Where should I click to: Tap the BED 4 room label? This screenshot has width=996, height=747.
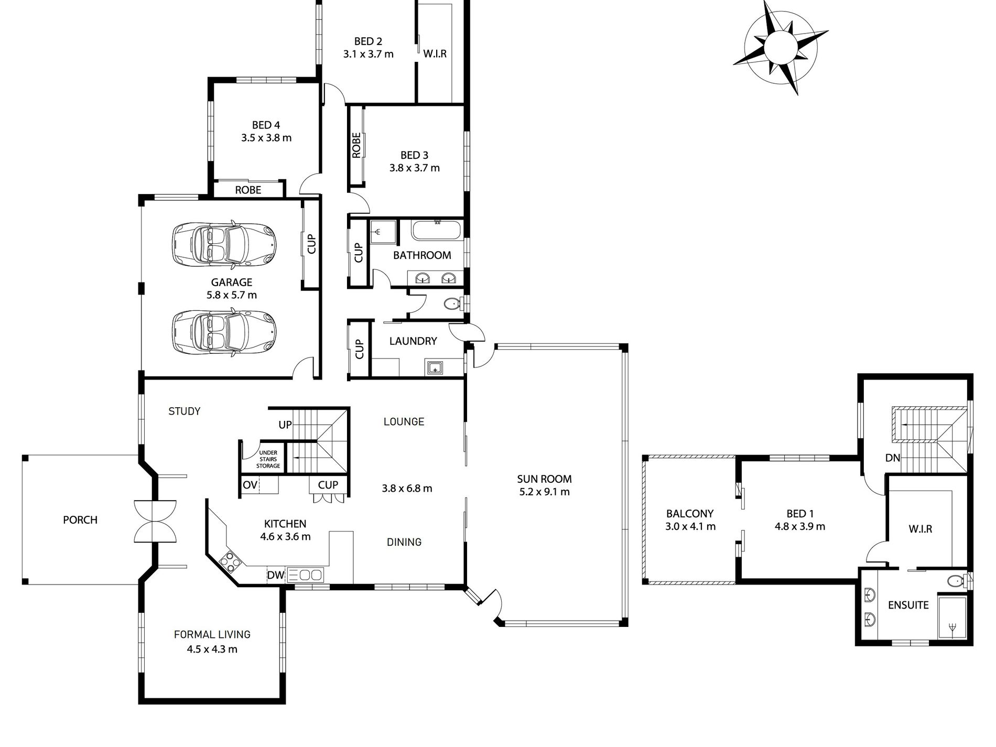coord(266,125)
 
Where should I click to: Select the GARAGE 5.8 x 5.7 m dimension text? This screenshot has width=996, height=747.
coord(232,295)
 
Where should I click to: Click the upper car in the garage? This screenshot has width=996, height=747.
coord(224,244)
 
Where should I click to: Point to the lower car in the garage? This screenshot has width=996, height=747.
coord(224,332)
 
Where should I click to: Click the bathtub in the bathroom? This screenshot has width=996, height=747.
coord(436,230)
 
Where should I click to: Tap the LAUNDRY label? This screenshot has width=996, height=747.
coord(413,341)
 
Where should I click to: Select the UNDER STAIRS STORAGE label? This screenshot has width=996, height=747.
coord(268,459)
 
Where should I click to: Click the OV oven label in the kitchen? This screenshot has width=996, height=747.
coord(250,485)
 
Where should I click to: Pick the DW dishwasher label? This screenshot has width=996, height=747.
coord(276,575)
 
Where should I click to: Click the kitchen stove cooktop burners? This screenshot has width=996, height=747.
coord(230,561)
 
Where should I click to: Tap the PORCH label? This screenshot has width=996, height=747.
coord(80,520)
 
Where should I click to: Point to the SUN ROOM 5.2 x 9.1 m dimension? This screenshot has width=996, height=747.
coord(544,492)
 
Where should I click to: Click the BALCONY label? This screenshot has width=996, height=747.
coord(690,514)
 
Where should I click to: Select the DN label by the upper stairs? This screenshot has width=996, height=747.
coord(893,458)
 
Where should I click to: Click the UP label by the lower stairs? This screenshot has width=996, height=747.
coord(285,425)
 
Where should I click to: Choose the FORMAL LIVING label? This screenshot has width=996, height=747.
coord(212,634)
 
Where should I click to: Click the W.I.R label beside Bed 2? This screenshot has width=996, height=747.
coord(435,53)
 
